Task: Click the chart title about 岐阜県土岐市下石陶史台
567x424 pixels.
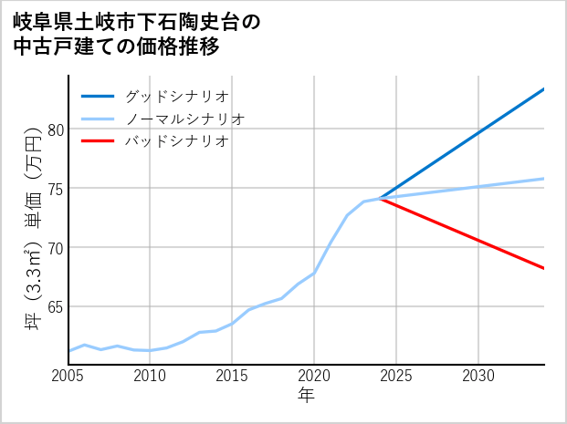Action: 137,34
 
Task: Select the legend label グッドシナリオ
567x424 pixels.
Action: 176,96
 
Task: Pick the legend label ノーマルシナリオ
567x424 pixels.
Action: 184,119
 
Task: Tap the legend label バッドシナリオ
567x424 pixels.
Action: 176,141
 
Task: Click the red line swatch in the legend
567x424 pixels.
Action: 98,141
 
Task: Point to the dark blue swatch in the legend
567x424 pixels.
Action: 98,96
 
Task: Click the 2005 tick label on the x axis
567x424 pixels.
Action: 68,376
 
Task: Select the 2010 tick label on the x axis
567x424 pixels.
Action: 150,376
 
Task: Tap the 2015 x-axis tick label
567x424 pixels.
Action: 232,376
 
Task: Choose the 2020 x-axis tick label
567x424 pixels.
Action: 314,376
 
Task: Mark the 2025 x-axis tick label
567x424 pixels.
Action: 396,376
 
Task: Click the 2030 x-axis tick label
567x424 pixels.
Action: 478,376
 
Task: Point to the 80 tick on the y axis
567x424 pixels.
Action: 56,129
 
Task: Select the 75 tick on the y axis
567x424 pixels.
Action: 56,189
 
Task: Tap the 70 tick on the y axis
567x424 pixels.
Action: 56,248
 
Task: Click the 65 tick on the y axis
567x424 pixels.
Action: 56,307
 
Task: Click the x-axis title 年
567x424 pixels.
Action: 306,396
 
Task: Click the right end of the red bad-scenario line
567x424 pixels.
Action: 544,268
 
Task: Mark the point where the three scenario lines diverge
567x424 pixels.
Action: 380,198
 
